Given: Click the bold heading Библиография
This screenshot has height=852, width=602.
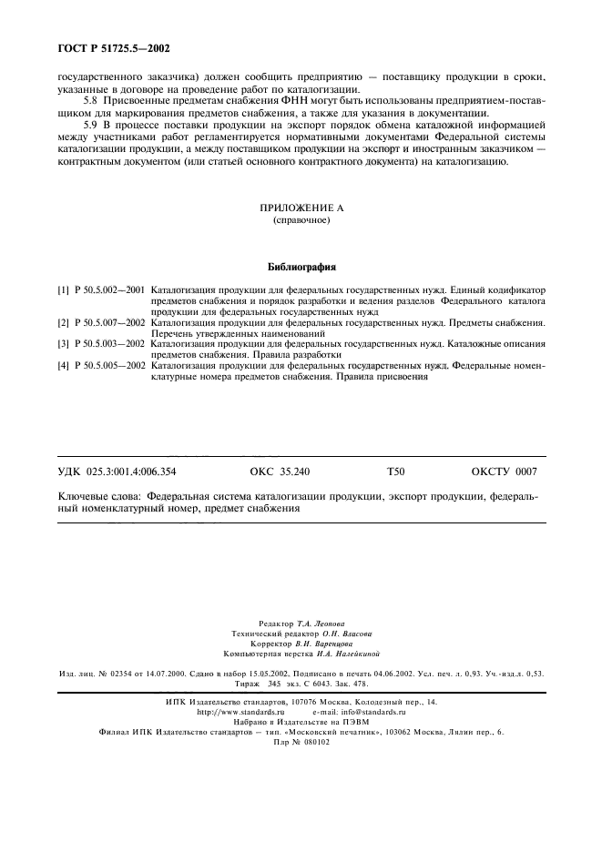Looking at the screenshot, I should coord(301,269).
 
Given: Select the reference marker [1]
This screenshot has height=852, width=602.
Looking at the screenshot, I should coord(63,289).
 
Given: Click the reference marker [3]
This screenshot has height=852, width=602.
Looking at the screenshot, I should coord(63,344).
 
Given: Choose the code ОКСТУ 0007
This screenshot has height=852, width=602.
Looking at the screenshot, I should coord(503,472).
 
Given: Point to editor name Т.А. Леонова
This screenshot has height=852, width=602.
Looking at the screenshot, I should coord(324,623).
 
